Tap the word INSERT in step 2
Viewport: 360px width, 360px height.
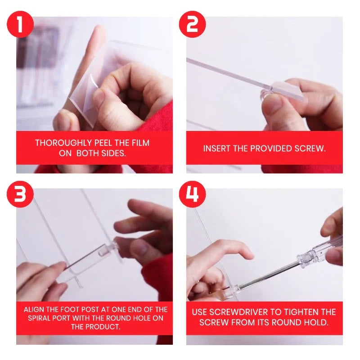pos(217,148)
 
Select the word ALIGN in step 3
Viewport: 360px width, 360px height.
pos(35,310)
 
